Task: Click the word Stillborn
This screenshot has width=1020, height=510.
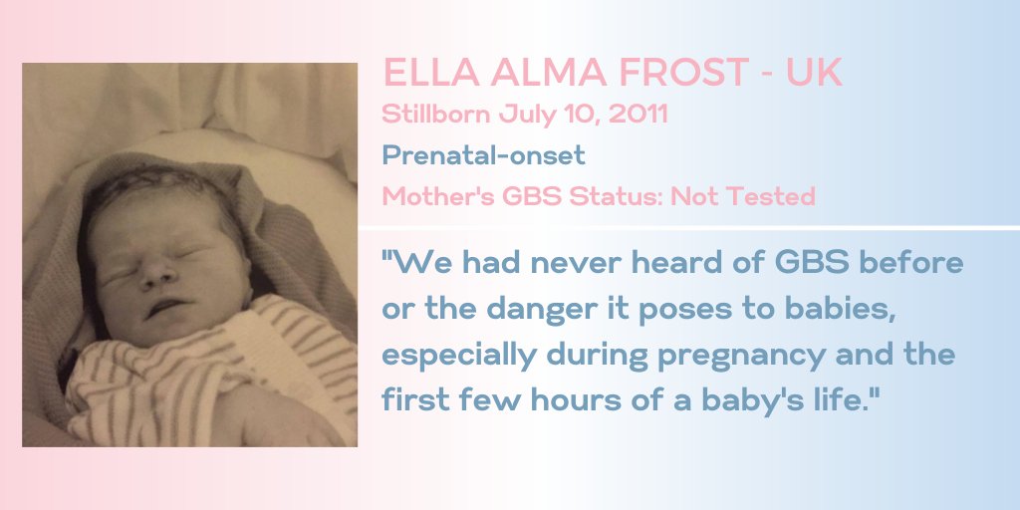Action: click(x=435, y=114)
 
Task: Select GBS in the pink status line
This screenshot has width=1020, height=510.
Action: click(x=527, y=196)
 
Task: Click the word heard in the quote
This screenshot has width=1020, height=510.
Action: click(x=679, y=264)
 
